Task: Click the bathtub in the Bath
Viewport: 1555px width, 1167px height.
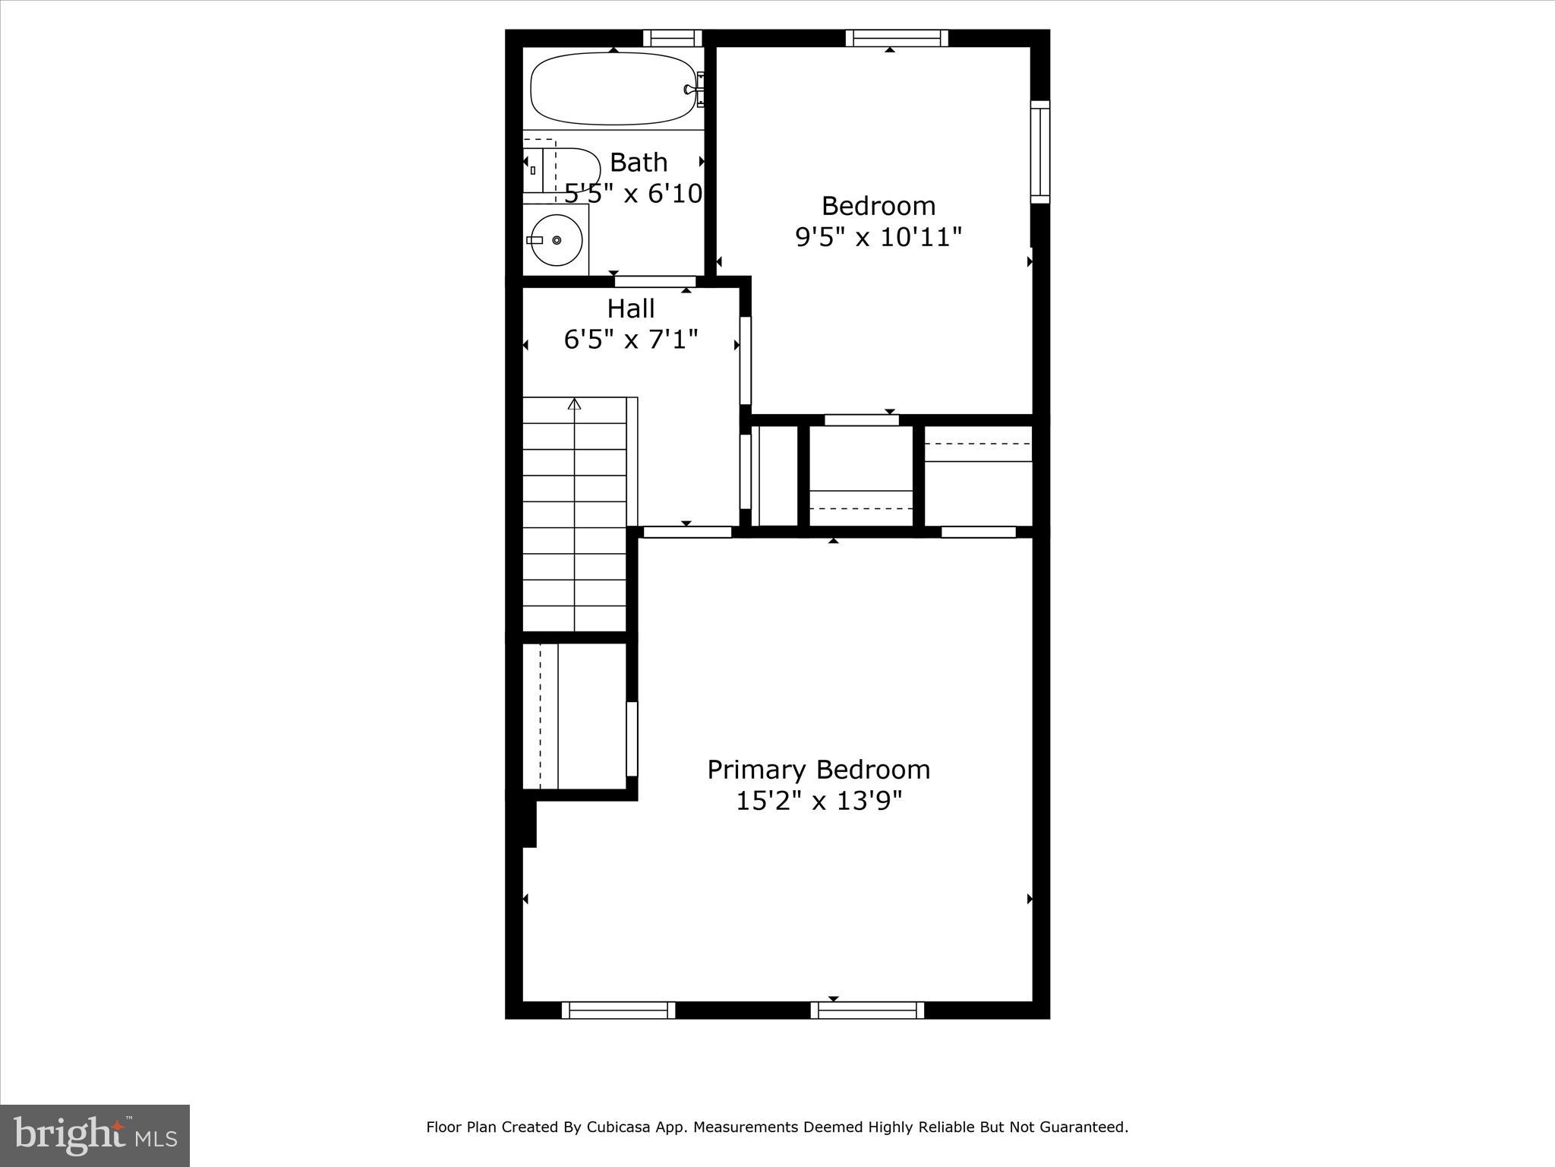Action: click(x=612, y=89)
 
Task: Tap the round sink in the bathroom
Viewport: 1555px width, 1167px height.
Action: click(x=556, y=240)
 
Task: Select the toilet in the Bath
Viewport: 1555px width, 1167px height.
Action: click(x=562, y=170)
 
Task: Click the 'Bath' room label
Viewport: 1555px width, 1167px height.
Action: click(x=639, y=163)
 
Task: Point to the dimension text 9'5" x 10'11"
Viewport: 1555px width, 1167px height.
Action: click(x=878, y=238)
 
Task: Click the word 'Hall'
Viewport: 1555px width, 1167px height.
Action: click(x=631, y=308)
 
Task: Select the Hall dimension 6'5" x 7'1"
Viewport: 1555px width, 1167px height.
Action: click(x=631, y=339)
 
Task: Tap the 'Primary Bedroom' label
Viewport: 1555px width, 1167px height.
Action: click(x=819, y=770)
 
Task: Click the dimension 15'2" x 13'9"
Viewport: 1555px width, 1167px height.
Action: click(x=819, y=801)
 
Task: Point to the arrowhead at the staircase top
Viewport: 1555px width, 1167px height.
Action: click(x=575, y=403)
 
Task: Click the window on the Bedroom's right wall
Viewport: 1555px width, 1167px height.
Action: click(x=1039, y=152)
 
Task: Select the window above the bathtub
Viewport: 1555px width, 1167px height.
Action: click(x=673, y=38)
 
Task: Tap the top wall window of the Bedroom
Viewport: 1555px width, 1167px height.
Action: click(x=897, y=38)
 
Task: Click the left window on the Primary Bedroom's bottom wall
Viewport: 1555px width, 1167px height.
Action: click(x=618, y=1010)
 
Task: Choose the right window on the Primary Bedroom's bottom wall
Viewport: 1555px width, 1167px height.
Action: click(x=867, y=1010)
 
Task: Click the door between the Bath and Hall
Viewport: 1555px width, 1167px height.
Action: click(x=655, y=281)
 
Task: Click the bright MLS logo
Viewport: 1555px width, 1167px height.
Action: click(x=95, y=1136)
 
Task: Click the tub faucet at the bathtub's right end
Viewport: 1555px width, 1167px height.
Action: click(x=692, y=89)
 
